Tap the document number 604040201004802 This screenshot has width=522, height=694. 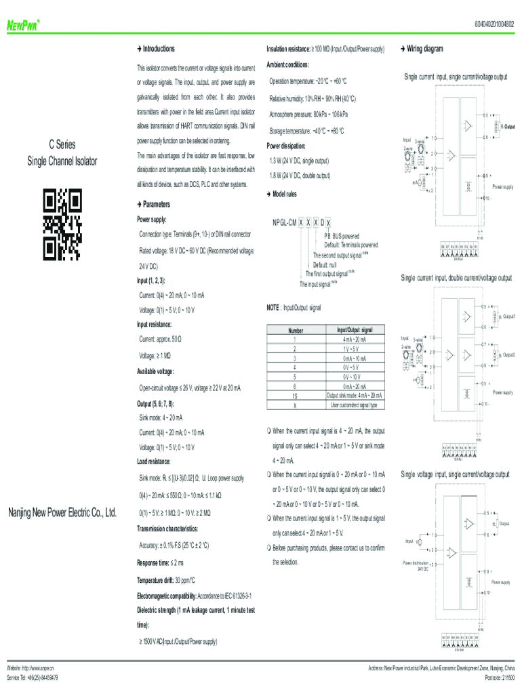point(488,26)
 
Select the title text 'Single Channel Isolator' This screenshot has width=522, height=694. point(62,161)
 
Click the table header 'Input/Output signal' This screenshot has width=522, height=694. point(354,330)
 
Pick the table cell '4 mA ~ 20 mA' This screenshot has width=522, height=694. point(354,339)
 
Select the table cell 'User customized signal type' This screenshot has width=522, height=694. point(354,405)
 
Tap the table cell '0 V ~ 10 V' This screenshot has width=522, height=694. point(354,377)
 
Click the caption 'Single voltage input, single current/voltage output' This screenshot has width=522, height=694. point(455,474)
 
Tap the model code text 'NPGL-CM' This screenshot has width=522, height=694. point(283,223)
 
